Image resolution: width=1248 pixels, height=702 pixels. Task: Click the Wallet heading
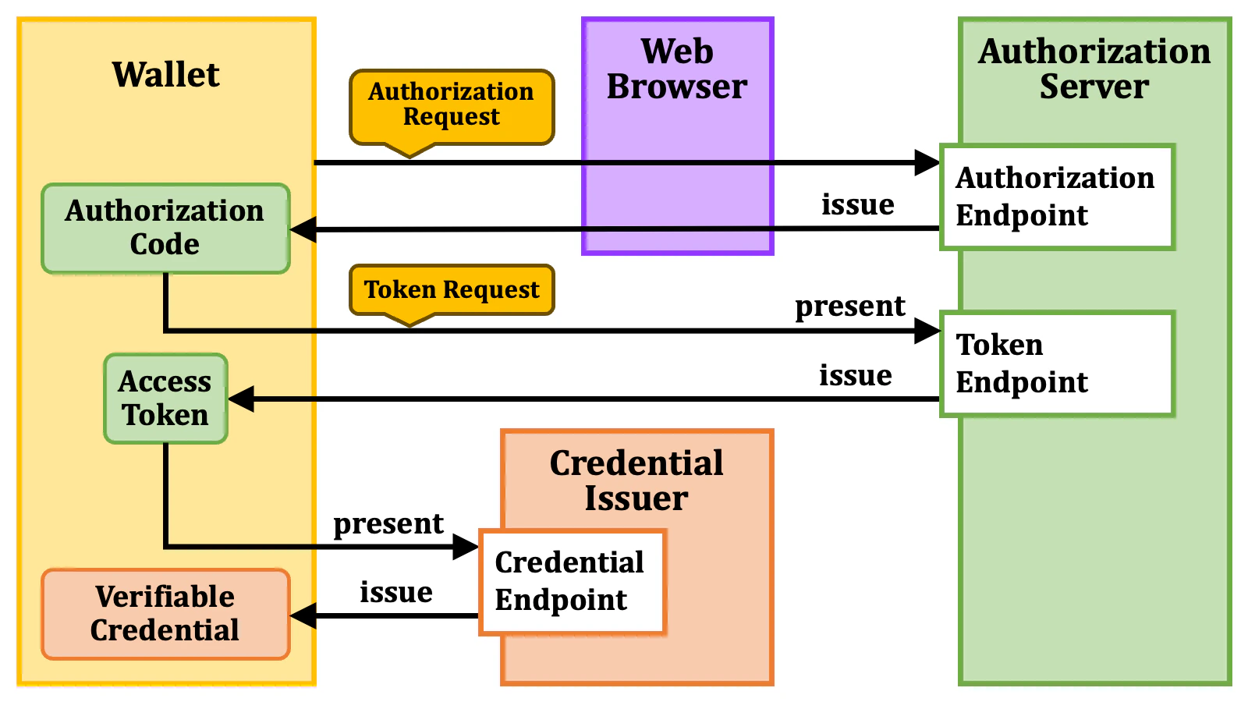tap(165, 75)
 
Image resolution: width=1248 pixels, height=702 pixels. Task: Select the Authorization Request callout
tap(451, 105)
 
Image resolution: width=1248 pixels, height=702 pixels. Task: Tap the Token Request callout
tap(451, 289)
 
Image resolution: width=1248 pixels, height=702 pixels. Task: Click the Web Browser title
tap(677, 69)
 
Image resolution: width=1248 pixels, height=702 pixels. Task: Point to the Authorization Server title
tap(1094, 69)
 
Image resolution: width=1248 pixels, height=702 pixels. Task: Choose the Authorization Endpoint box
tap(1056, 197)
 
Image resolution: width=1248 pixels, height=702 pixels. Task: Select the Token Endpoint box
tap(1056, 363)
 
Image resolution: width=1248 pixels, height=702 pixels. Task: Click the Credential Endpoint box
tap(571, 581)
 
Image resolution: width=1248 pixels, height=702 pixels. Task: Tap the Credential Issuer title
tap(636, 480)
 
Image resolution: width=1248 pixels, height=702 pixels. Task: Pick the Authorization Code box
tap(165, 228)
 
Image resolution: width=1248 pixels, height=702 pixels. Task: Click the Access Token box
tap(165, 399)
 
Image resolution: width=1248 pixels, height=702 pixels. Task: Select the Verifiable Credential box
tap(165, 614)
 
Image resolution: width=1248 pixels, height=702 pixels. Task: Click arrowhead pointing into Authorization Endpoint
tap(927, 163)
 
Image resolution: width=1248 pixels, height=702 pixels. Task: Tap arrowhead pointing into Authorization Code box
tap(303, 229)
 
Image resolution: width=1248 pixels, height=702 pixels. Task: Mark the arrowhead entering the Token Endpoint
tap(927, 331)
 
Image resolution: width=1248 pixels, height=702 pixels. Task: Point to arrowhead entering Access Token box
tap(241, 399)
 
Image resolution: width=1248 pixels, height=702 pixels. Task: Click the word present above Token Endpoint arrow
tap(849, 306)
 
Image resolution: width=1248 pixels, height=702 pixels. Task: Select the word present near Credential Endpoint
tap(388, 523)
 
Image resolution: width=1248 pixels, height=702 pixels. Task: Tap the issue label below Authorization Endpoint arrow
tap(857, 204)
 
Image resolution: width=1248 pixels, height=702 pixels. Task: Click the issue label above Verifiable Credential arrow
tap(395, 592)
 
